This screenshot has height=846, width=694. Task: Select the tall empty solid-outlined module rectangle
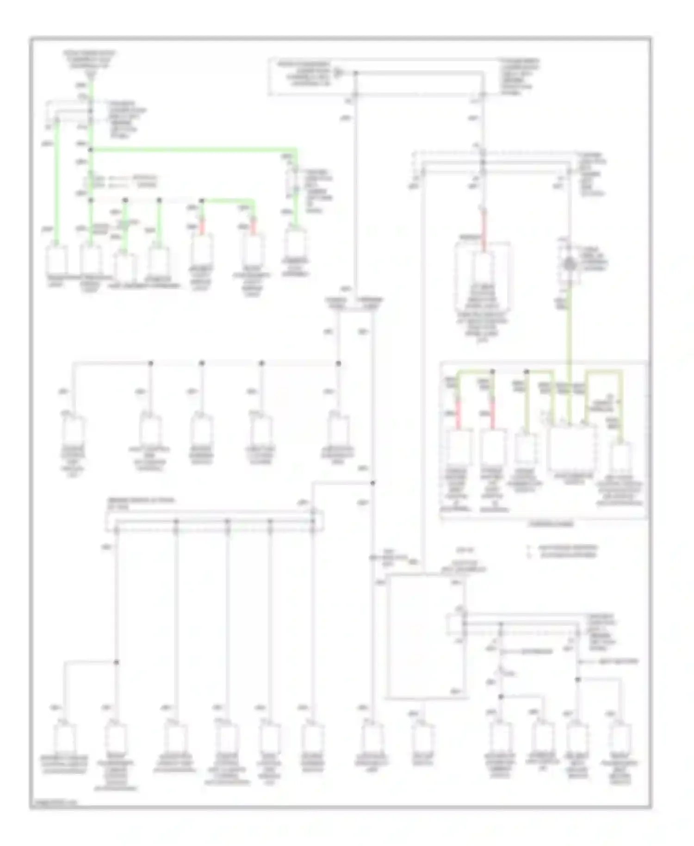point(425,636)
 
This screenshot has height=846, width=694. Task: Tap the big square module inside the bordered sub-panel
point(572,447)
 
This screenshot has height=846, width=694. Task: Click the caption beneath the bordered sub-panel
point(551,524)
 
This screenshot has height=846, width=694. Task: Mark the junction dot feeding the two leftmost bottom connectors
point(117,662)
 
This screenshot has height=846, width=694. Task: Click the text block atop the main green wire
point(90,60)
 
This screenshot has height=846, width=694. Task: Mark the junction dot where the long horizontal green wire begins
point(91,149)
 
